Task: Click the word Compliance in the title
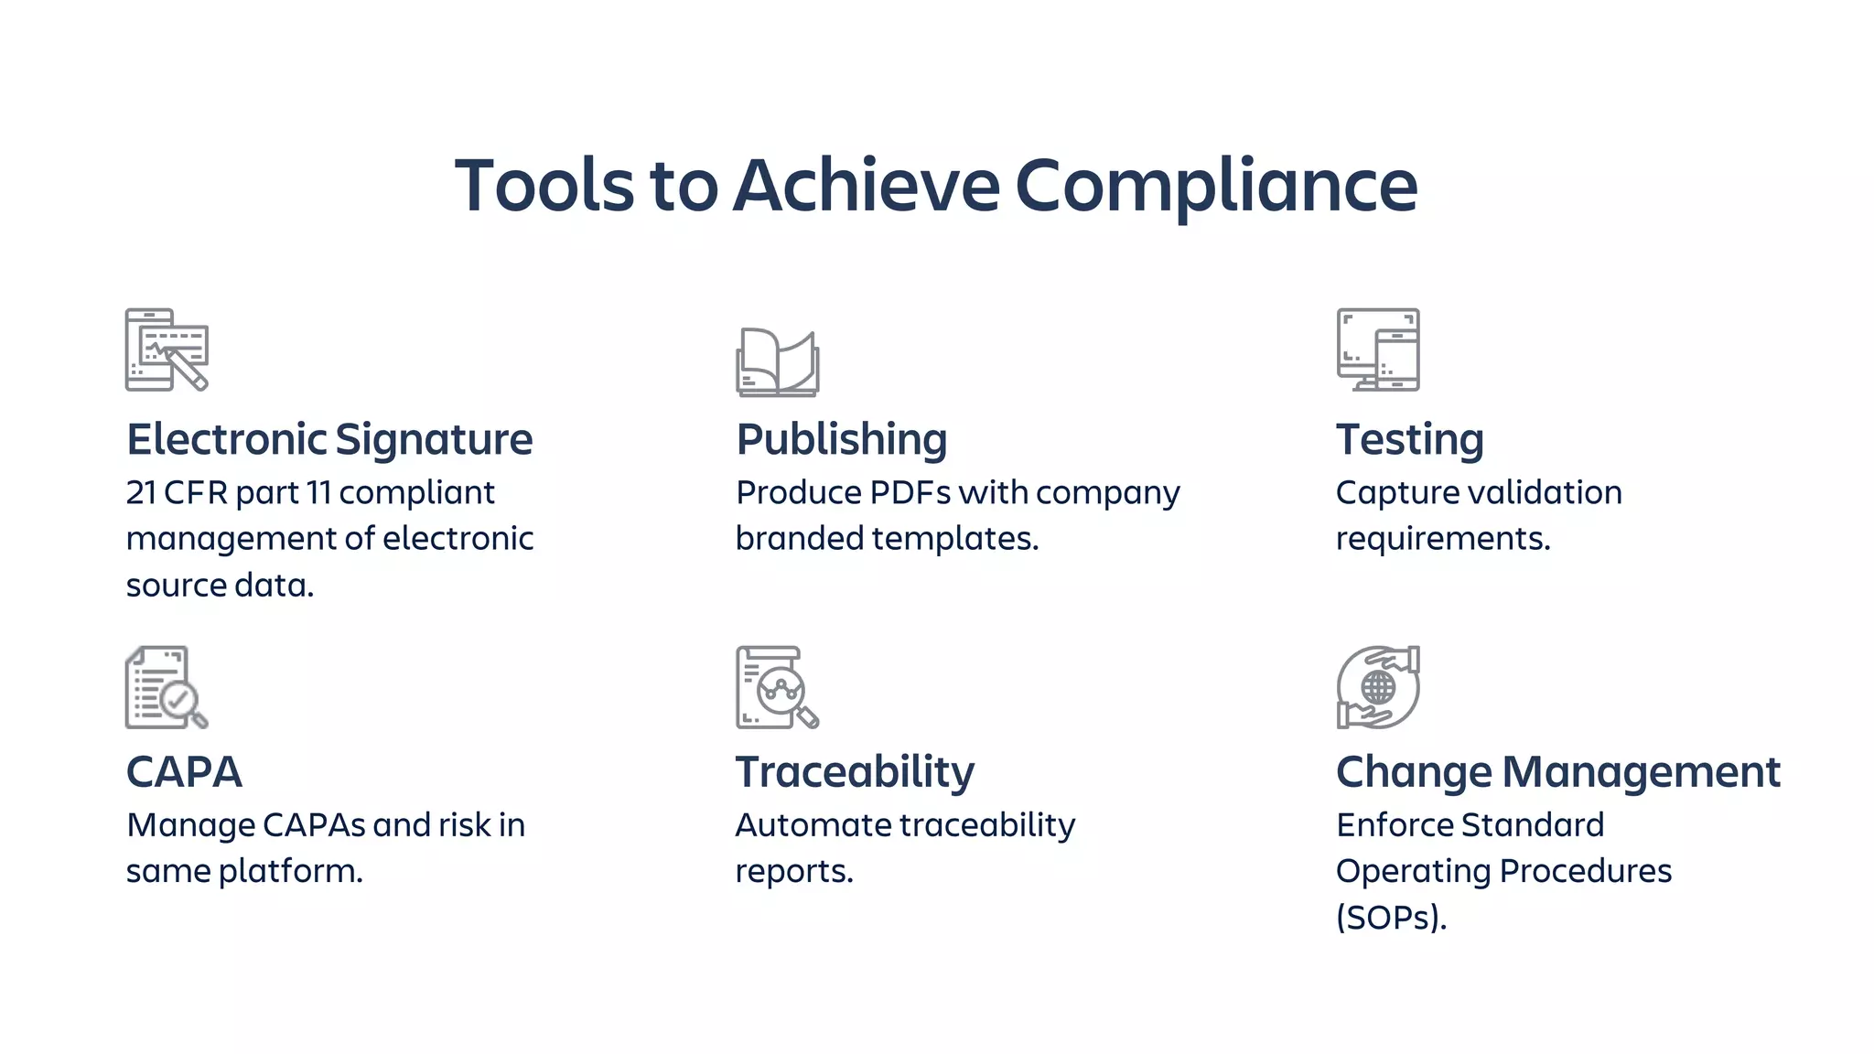[x=1216, y=186]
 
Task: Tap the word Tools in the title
[x=544, y=186]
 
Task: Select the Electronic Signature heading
[x=329, y=439]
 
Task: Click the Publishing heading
[x=841, y=439]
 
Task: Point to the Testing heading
[x=1409, y=439]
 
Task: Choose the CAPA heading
[x=184, y=771]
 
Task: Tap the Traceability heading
[x=855, y=771]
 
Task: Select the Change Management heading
[x=1557, y=771]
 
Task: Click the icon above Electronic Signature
[x=167, y=350]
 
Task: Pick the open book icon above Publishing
[x=777, y=362]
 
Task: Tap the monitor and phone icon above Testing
[x=1378, y=350]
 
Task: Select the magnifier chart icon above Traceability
[x=777, y=687]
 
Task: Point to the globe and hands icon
[x=1378, y=687]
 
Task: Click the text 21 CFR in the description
[x=177, y=493]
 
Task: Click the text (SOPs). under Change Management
[x=1391, y=917]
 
